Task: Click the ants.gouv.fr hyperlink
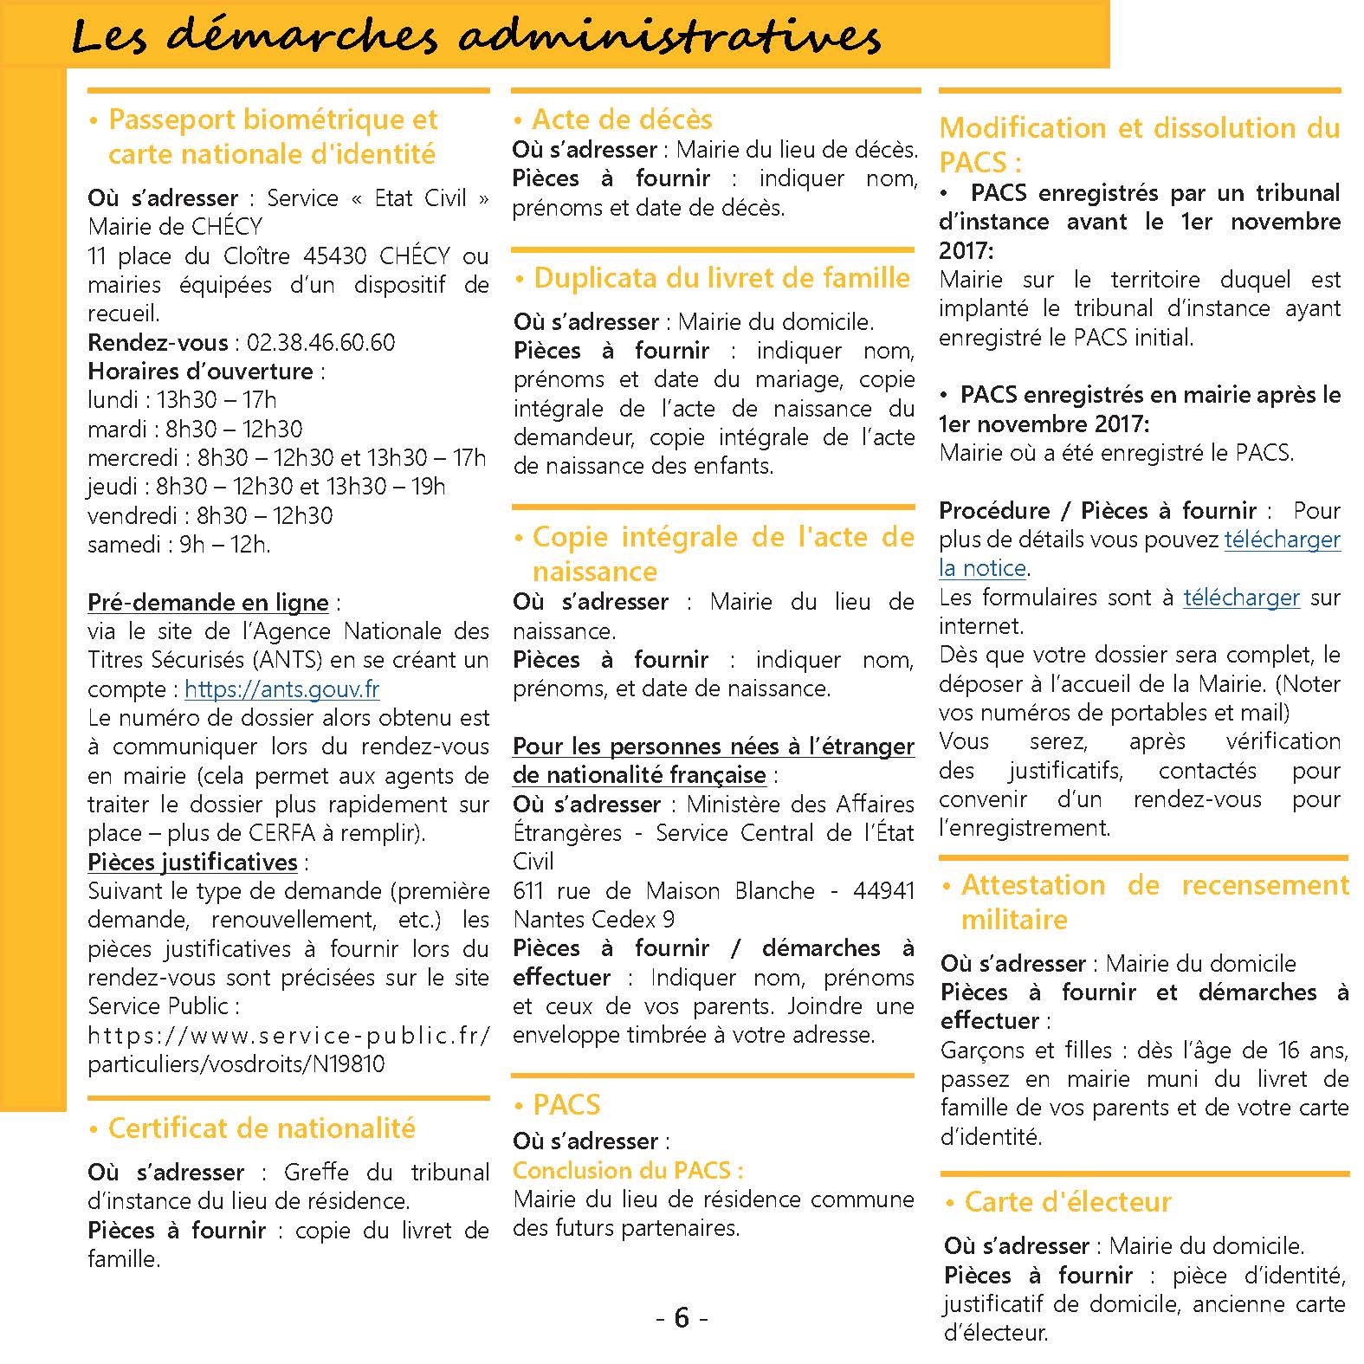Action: (x=282, y=689)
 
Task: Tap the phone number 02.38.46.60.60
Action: (x=320, y=342)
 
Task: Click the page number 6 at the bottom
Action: (x=682, y=1317)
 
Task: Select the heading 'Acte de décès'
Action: (x=622, y=120)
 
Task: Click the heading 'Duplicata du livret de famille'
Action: (x=721, y=278)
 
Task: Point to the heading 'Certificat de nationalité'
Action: (x=262, y=1128)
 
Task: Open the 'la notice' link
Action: (x=982, y=568)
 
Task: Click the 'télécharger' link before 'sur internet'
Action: (x=1241, y=598)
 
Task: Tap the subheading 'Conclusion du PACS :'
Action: (x=628, y=1171)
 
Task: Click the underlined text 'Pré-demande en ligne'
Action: (x=208, y=603)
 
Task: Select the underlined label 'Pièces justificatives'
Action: (x=192, y=863)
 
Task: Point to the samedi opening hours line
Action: (x=178, y=545)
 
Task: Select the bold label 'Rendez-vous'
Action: (x=158, y=342)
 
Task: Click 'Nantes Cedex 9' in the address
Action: (x=593, y=919)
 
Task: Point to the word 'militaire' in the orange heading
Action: (x=1014, y=920)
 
